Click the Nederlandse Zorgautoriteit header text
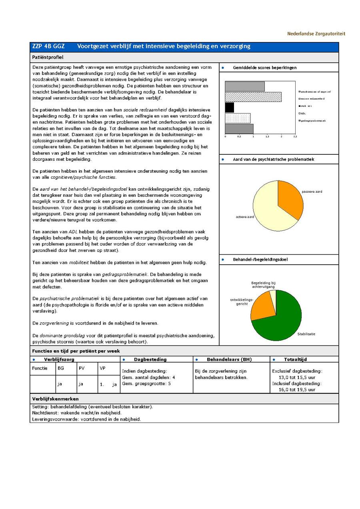[x=316, y=34]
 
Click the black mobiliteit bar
[x=229, y=108]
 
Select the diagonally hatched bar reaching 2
[x=253, y=97]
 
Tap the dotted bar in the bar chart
[x=238, y=118]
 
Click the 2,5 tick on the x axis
[x=295, y=137]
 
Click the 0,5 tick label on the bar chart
[x=239, y=137]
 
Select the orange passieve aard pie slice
[x=290, y=198]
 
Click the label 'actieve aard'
[x=245, y=217]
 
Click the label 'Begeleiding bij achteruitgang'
[x=263, y=285]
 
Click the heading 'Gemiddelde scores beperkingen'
[x=264, y=68]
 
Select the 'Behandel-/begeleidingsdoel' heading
[x=260, y=259]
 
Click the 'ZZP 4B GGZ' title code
[x=48, y=46]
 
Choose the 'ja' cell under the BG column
[x=60, y=384]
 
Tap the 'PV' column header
[x=82, y=368]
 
